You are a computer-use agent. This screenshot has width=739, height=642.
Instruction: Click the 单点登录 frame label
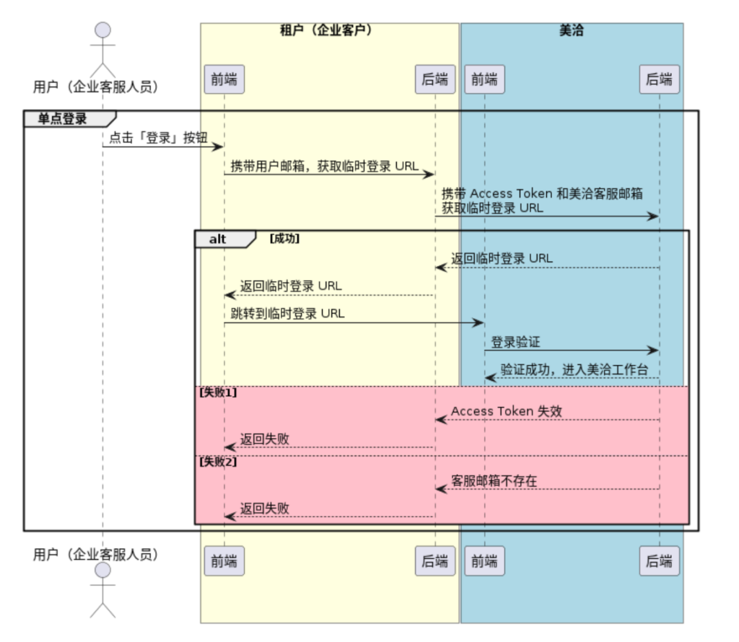click(x=63, y=119)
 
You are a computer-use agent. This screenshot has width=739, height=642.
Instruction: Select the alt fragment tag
click(x=218, y=239)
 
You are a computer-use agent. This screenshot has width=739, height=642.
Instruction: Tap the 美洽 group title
click(x=572, y=31)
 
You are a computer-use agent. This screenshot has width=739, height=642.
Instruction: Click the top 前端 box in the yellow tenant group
click(x=224, y=79)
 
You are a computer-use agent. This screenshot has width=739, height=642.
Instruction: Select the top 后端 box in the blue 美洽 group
click(x=659, y=79)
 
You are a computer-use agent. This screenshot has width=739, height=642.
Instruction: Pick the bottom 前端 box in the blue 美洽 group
click(x=484, y=560)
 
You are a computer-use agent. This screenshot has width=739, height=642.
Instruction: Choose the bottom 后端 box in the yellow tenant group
click(x=434, y=560)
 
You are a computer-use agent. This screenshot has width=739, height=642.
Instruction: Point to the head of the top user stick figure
click(x=102, y=30)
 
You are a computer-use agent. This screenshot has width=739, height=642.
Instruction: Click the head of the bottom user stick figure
click(x=102, y=571)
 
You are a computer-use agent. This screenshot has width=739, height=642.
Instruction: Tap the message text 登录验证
click(x=515, y=341)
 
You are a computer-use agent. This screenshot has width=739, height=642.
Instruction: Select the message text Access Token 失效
click(x=507, y=411)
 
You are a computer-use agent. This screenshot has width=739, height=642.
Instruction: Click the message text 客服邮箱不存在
click(x=494, y=480)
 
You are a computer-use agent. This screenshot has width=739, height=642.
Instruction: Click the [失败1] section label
click(x=218, y=393)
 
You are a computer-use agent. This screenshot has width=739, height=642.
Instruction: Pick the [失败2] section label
click(x=218, y=462)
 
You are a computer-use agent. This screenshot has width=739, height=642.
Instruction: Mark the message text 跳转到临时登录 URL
click(x=287, y=313)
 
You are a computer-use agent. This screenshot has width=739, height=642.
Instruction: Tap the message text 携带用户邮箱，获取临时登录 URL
click(x=324, y=166)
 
